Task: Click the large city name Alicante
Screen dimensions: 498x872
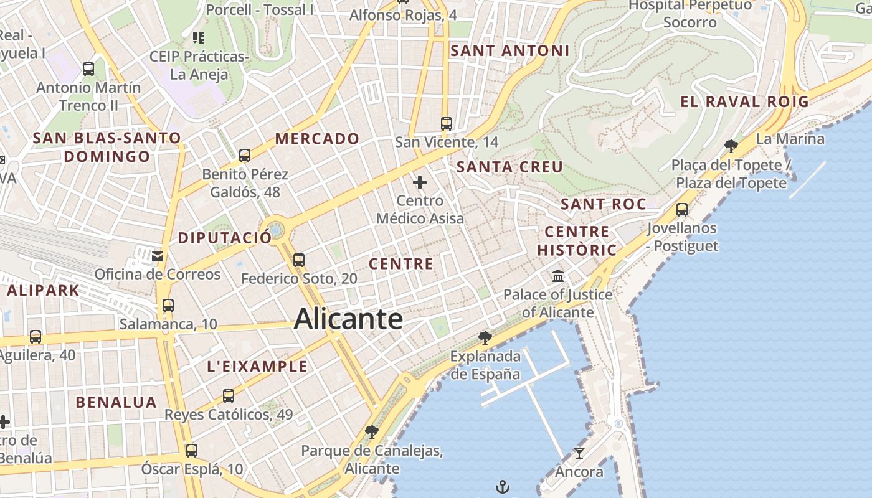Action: click(x=348, y=319)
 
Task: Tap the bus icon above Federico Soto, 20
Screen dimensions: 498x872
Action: click(x=299, y=260)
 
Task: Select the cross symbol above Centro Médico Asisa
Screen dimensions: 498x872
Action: click(x=420, y=182)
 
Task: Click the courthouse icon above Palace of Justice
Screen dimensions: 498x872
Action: click(x=558, y=276)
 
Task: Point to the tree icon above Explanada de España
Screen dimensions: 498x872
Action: click(x=485, y=338)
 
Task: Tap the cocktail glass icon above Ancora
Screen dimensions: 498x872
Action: click(x=579, y=453)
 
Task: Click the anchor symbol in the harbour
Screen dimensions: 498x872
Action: click(x=503, y=486)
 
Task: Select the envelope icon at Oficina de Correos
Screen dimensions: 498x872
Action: click(x=157, y=255)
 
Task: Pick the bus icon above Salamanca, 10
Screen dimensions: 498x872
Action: click(x=168, y=305)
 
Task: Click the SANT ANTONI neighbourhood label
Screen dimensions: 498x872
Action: click(x=509, y=51)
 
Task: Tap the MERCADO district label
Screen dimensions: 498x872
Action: click(x=317, y=139)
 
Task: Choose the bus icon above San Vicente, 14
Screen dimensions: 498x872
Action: click(x=447, y=123)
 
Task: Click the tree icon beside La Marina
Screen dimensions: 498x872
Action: click(x=731, y=146)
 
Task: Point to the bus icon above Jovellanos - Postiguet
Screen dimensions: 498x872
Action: click(x=682, y=210)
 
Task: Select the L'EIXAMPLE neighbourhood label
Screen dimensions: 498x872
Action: click(x=257, y=367)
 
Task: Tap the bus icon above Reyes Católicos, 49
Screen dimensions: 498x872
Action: click(x=229, y=395)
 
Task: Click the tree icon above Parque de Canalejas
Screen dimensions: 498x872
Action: click(x=372, y=431)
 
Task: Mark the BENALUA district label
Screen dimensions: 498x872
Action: click(x=116, y=402)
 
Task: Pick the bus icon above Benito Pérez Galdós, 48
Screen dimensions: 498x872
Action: click(x=245, y=155)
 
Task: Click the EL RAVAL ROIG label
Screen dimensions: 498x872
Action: click(x=744, y=102)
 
